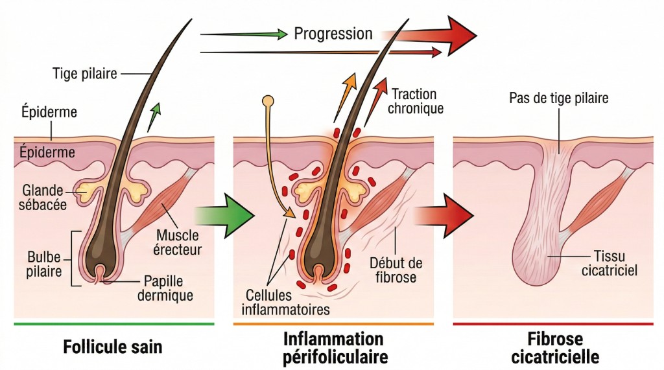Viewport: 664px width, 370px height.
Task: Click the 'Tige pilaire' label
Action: click(x=84, y=73)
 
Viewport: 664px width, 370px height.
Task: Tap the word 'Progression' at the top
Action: click(x=333, y=33)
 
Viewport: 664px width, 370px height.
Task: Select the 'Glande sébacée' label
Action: click(x=43, y=198)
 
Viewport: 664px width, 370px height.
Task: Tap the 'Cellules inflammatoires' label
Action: click(x=285, y=302)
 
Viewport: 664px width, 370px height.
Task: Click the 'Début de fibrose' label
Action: click(x=396, y=270)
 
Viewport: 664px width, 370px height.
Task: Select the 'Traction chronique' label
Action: click(x=415, y=102)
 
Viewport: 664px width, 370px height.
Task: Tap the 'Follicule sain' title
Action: click(x=113, y=347)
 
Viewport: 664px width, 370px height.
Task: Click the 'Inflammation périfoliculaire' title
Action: click(x=333, y=348)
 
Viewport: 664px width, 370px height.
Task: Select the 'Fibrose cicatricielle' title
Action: click(x=555, y=348)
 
